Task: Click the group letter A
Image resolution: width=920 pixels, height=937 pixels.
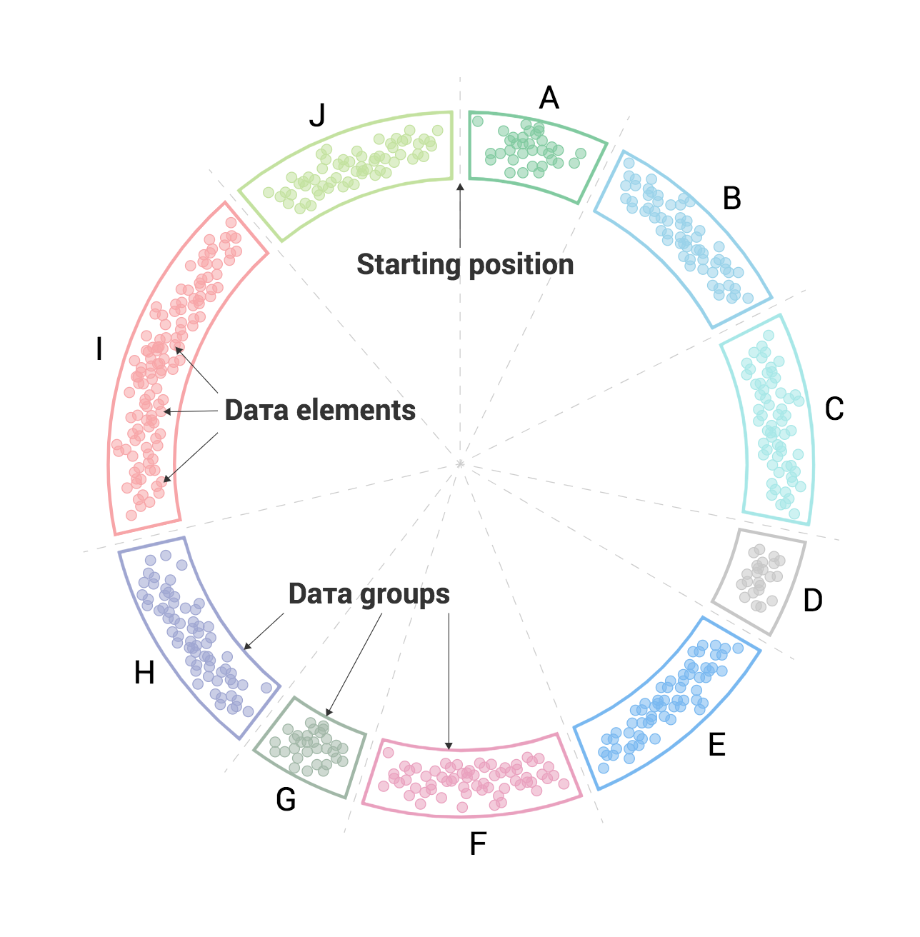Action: tap(549, 97)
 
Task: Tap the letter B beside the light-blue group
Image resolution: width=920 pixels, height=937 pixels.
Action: tap(731, 198)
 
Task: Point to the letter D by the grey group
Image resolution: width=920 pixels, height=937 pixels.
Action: tap(812, 600)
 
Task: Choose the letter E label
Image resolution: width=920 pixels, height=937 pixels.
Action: tap(717, 744)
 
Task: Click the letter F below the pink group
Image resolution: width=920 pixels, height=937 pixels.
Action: tap(478, 843)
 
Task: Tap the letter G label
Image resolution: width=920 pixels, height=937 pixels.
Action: tap(286, 799)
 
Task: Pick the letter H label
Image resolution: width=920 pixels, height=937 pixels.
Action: tap(144, 673)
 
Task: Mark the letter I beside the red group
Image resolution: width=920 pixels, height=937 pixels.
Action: tap(99, 349)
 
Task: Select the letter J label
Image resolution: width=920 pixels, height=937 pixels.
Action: tap(317, 115)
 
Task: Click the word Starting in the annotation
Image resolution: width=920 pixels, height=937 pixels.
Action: tap(408, 265)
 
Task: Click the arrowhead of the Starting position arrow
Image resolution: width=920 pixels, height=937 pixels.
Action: tap(460, 186)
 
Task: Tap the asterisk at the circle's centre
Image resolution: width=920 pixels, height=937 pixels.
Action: tap(460, 464)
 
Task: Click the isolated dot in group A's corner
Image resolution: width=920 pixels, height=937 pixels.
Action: tap(478, 121)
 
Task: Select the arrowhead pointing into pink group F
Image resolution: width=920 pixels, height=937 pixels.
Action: tap(449, 746)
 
